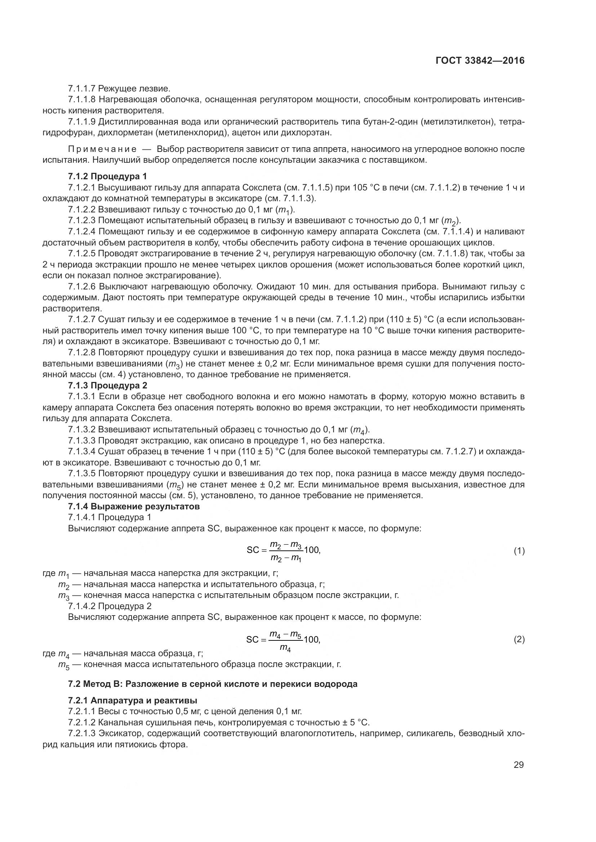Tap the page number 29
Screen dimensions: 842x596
coord(519,765)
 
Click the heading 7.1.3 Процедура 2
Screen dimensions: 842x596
coord(107,386)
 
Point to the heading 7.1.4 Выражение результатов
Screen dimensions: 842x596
coord(134,506)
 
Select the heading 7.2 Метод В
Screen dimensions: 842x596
coord(213,684)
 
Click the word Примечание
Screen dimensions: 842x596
coord(102,149)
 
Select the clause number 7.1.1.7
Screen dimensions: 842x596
coord(81,89)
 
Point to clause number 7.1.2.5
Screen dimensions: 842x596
coord(81,254)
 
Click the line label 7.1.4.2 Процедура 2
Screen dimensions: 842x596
coord(110,606)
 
